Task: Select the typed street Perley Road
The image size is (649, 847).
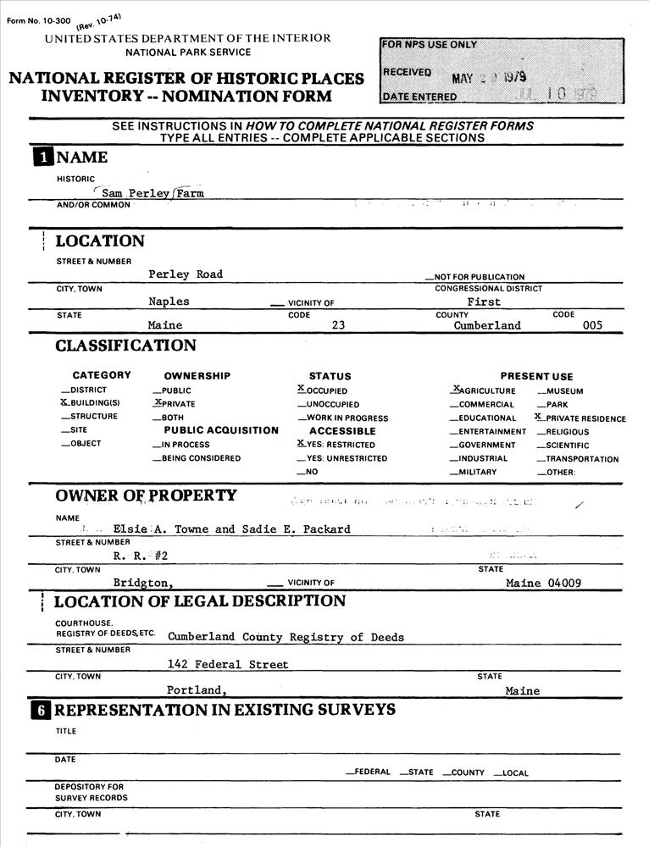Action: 186,274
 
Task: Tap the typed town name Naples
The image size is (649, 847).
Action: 169,302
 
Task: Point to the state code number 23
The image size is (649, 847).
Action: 338,325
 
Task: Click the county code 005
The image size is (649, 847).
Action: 592,325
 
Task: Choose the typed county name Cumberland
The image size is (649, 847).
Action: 487,325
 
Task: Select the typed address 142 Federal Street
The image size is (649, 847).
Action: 228,665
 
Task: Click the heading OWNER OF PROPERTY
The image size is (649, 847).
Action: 146,495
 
